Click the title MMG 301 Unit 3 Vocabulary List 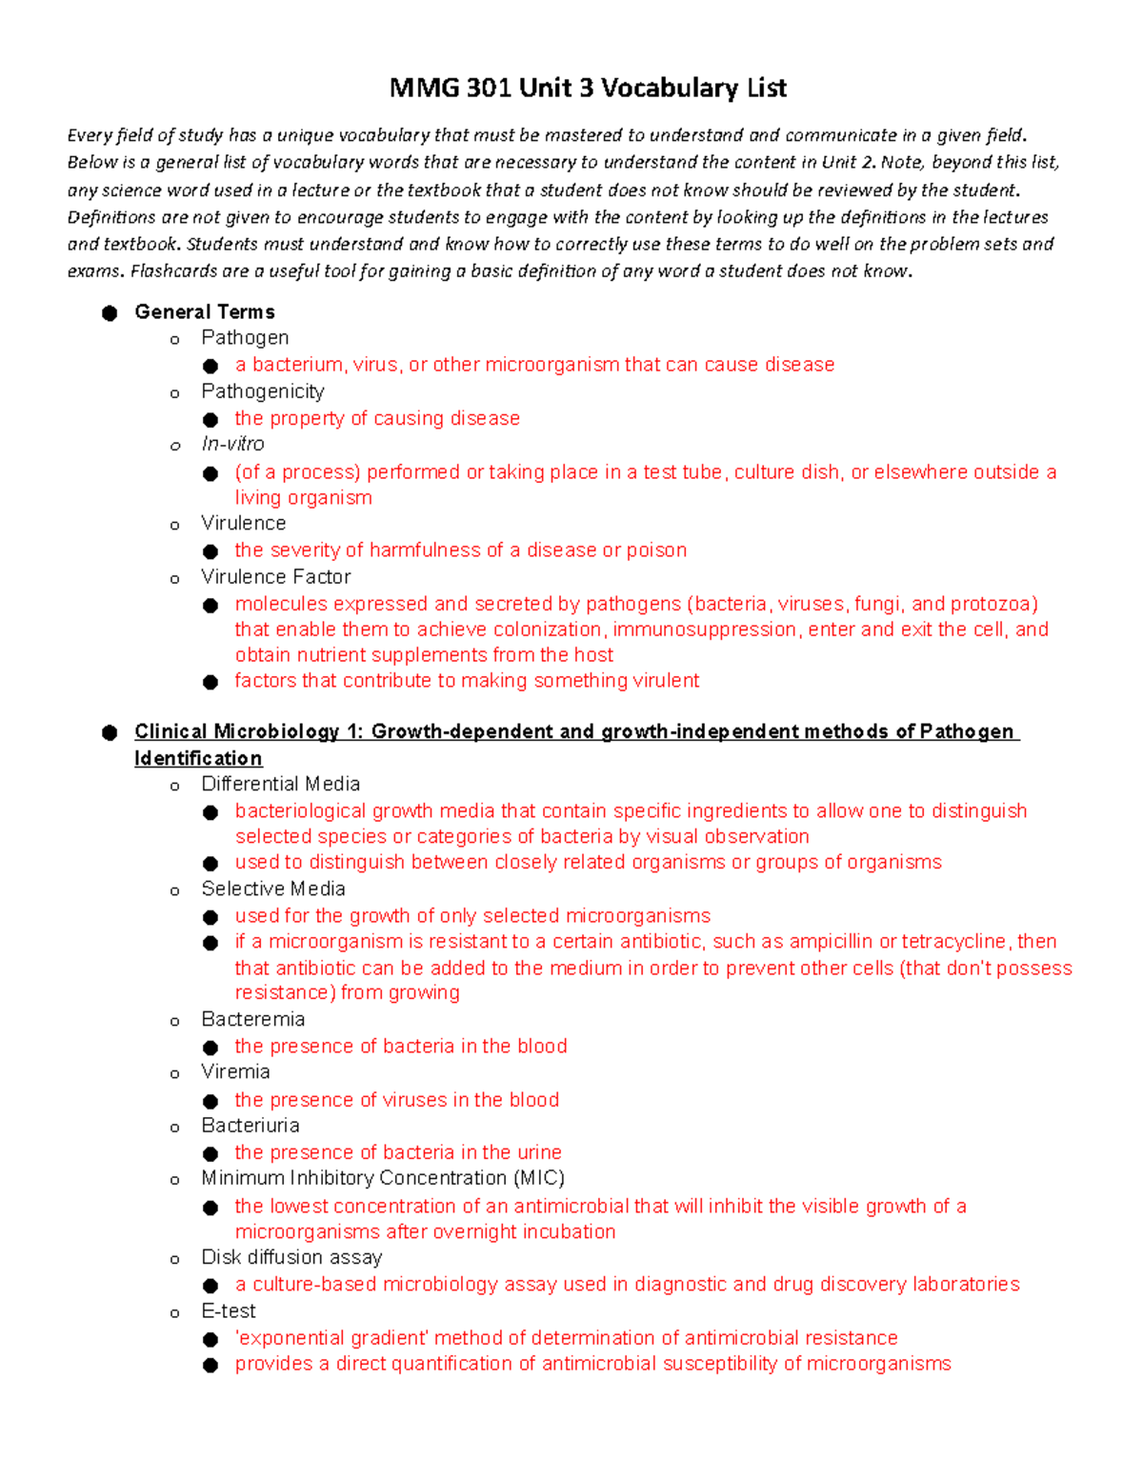588,89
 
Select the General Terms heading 205,312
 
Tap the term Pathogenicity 263,391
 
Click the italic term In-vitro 232,444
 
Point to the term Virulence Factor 275,577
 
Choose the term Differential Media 280,784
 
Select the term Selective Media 272,889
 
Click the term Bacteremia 252,1019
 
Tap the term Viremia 235,1071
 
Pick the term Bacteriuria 250,1125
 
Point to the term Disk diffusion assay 291,1257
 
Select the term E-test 229,1310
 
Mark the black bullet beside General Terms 110,313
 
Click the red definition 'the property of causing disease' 377,418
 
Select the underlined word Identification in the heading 198,758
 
